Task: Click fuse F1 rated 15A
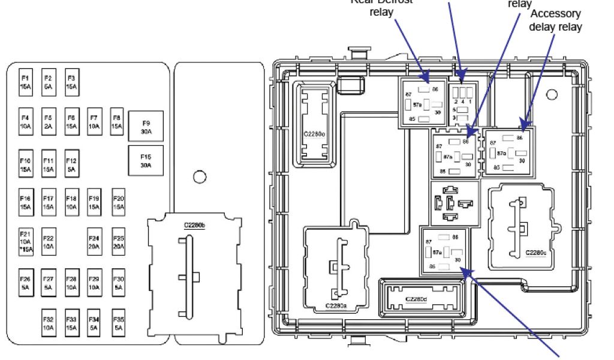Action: click(26, 82)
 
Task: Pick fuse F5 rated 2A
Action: click(49, 122)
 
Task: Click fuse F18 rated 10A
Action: click(71, 202)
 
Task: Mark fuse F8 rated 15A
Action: click(118, 122)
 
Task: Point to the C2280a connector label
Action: click(336, 305)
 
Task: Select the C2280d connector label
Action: click(416, 299)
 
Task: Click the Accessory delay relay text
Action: click(555, 22)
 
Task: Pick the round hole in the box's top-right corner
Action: click(553, 94)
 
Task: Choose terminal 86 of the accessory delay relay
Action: click(519, 137)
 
